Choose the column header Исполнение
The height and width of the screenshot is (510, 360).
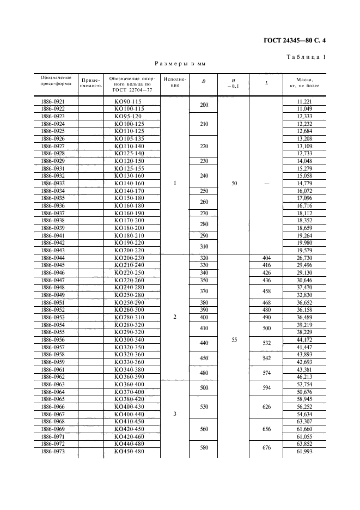click(175, 82)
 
